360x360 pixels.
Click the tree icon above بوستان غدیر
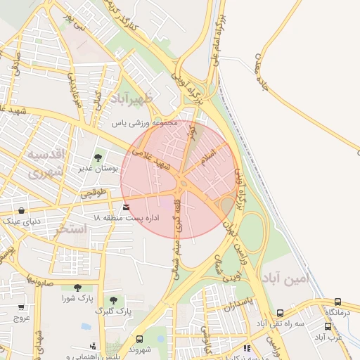point(98,157)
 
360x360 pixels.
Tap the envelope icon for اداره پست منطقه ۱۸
point(126,207)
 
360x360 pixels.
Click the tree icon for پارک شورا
point(77,287)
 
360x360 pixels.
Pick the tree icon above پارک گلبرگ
point(113,300)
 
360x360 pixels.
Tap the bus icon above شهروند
point(139,339)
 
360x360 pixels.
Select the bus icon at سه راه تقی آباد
point(280,313)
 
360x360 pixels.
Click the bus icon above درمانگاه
point(338,302)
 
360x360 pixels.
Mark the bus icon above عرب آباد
point(328,326)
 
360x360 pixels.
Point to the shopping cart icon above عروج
point(21,307)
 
